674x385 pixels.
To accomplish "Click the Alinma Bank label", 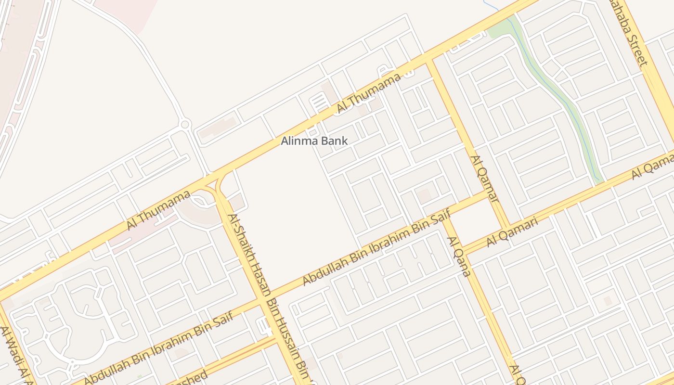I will [314, 141].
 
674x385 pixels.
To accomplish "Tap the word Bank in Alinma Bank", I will [336, 141].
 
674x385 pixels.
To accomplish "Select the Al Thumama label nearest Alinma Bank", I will [368, 93].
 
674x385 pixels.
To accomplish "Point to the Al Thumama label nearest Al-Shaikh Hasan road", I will [158, 210].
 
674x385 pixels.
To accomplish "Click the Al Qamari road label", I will [512, 231].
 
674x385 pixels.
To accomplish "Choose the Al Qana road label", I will [458, 257].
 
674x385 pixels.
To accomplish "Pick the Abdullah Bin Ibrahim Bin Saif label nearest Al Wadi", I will [158, 346].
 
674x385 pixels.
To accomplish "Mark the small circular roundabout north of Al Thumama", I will [184, 125].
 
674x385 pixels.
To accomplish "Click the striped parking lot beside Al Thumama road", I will [318, 103].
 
